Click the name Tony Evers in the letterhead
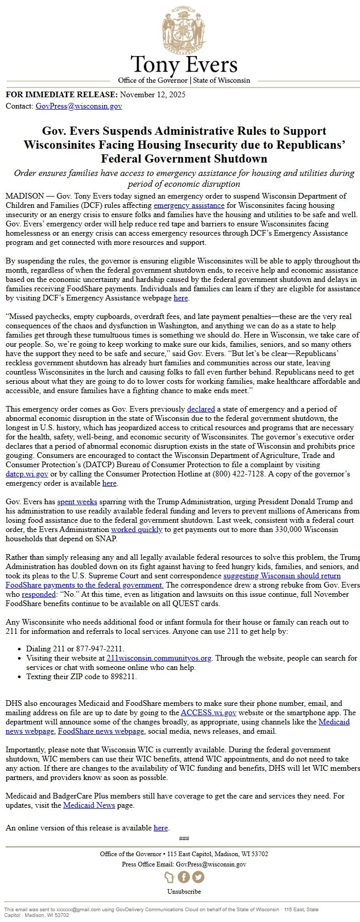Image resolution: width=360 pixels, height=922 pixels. click(x=184, y=65)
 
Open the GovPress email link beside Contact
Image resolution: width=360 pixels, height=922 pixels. click(x=79, y=107)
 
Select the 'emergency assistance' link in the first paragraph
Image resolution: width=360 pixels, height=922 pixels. click(x=189, y=205)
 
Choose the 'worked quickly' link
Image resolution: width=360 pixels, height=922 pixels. click(x=137, y=529)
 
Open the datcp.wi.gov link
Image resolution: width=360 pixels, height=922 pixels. click(x=27, y=474)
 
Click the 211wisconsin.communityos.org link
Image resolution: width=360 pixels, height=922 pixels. click(x=159, y=658)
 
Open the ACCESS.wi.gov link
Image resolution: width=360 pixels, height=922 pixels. click(x=208, y=713)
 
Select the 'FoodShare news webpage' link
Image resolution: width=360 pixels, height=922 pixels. click(x=101, y=731)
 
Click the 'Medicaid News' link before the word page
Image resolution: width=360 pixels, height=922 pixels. click(x=89, y=805)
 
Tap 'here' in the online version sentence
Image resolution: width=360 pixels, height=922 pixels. click(x=160, y=828)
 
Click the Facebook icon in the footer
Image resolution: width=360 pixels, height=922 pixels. click(x=184, y=877)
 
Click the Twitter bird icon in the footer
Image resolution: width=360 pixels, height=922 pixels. click(x=198, y=877)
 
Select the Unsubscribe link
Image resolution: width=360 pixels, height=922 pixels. click(x=184, y=891)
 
